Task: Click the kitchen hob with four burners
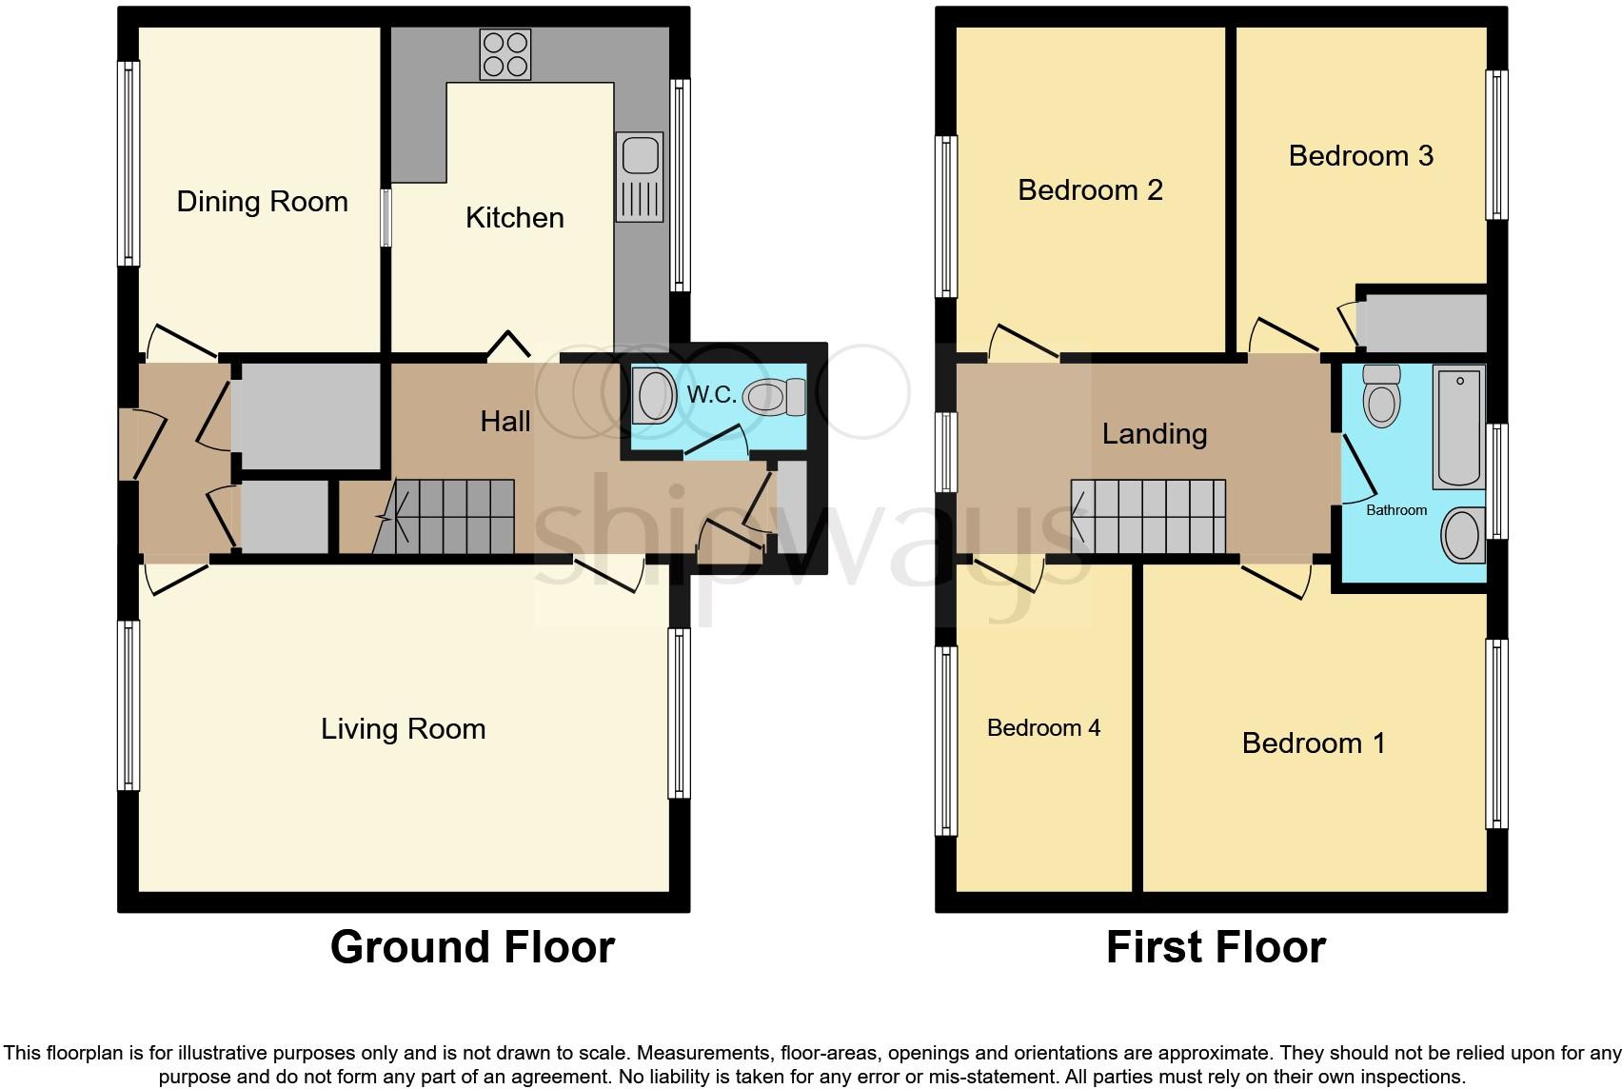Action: pos(505,54)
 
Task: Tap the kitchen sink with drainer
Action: pos(640,177)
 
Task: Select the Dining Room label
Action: pos(262,201)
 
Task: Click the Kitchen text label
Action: pos(515,217)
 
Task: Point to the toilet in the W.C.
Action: pos(774,398)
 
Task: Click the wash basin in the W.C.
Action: pos(654,395)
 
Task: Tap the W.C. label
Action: pos(711,395)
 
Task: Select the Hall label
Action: pos(505,422)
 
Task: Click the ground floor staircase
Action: pos(444,517)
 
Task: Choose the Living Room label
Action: pos(404,728)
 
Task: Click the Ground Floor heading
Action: pos(472,947)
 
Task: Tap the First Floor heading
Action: pos(1216,947)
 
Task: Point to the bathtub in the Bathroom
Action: pos(1459,426)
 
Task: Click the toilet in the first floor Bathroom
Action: pos(1381,395)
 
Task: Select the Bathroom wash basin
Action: pos(1463,535)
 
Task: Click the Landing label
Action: pos(1155,434)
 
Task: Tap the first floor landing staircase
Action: pos(1148,517)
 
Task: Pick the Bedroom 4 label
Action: pos(1043,727)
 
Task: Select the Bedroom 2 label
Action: pos(1090,190)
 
